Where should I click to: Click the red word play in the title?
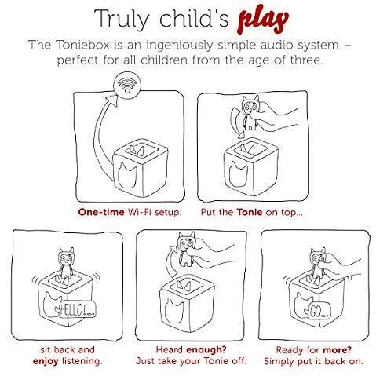(263, 21)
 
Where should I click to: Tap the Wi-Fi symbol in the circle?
(127, 84)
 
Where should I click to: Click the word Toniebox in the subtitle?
(82, 45)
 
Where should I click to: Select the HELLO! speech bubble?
(76, 310)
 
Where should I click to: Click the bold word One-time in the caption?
(101, 212)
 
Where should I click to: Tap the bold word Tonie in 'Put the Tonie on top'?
(250, 212)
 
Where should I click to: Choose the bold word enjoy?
(46, 361)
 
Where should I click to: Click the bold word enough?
(206, 349)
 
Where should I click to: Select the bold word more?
(337, 349)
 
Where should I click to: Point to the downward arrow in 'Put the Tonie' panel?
(234, 122)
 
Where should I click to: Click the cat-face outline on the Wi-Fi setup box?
(128, 174)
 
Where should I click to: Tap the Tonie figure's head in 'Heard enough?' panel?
(186, 242)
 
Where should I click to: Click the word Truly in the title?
(121, 19)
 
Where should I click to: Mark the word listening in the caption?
(82, 361)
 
